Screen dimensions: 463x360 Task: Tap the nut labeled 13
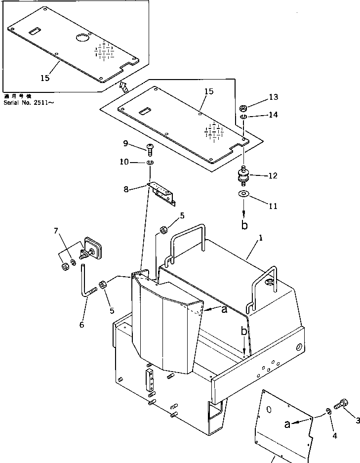243,108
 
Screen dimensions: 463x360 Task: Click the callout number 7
56,230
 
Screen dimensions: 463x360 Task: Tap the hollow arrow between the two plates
123,88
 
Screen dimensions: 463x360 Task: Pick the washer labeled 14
243,118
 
